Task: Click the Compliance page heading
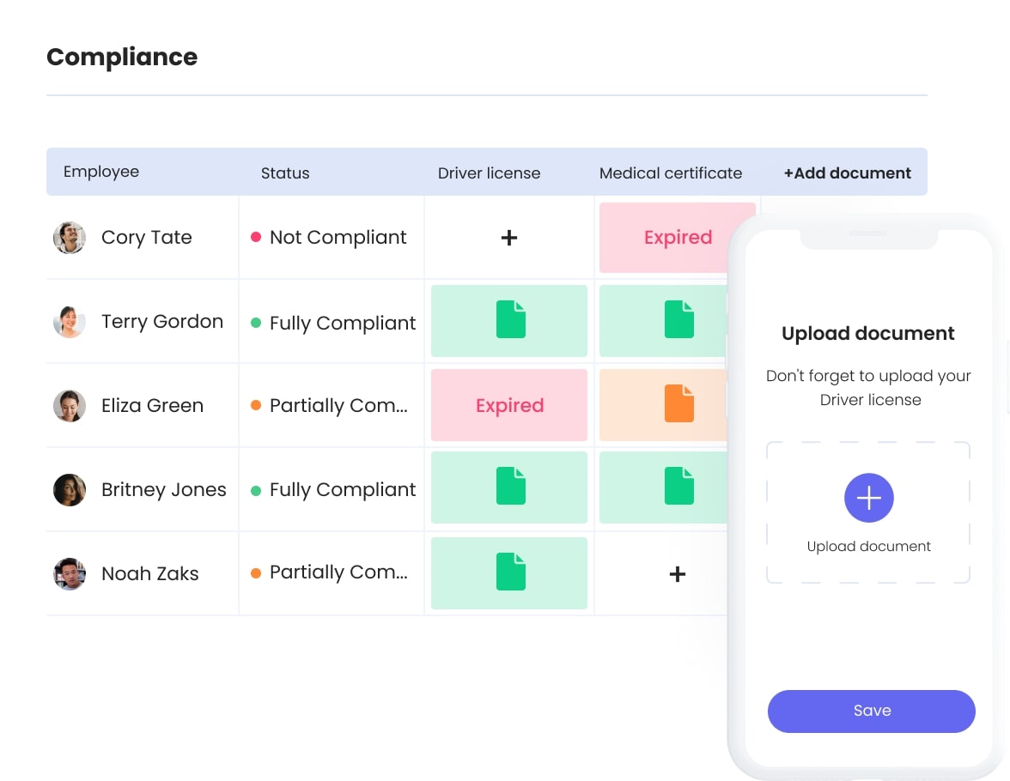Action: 122,58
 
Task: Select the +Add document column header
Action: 847,173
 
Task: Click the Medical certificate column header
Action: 670,173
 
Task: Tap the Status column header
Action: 285,173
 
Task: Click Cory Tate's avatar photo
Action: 70,238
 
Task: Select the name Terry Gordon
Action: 161,322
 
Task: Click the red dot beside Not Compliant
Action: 256,238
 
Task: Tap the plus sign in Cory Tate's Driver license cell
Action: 509,238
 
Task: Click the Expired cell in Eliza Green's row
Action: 509,405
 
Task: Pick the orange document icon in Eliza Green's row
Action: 678,403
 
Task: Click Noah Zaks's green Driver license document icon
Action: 510,572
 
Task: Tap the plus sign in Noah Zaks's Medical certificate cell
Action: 678,573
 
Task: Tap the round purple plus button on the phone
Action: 868,498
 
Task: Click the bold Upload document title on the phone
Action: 867,333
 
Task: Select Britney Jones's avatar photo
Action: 70,490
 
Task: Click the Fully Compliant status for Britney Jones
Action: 342,490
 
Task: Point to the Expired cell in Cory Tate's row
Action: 678,238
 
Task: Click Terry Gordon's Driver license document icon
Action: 510,320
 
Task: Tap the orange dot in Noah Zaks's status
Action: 256,572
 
